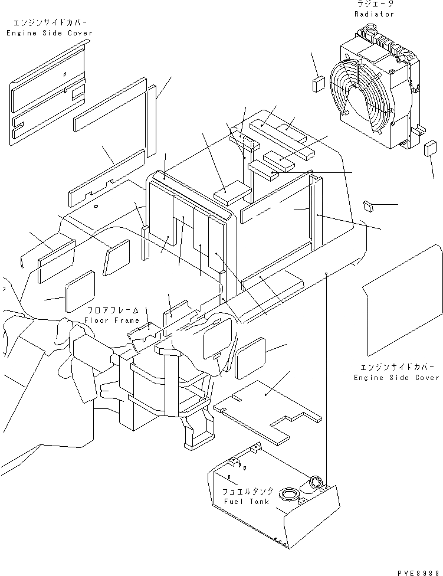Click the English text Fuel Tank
(x=247, y=502)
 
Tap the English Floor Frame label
(x=111, y=320)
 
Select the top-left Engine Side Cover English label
(x=50, y=34)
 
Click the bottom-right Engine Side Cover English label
(x=396, y=378)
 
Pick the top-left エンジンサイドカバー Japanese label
(x=50, y=24)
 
